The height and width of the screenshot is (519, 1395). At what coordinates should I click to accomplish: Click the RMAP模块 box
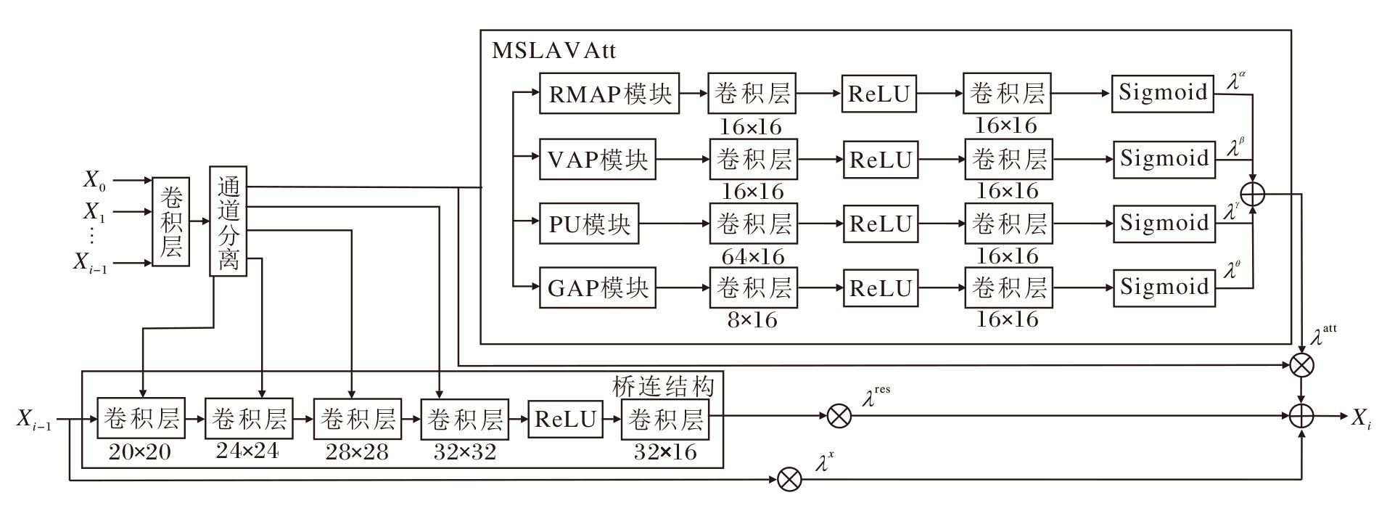coord(609,93)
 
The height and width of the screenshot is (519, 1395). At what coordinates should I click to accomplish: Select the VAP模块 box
coord(597,159)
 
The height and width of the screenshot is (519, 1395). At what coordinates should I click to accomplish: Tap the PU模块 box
coord(589,224)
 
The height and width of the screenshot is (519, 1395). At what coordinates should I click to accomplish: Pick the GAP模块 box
coord(597,288)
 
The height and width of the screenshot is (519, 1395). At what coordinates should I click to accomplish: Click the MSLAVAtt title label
coord(554,51)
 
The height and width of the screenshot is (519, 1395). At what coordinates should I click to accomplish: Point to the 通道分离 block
coord(228,221)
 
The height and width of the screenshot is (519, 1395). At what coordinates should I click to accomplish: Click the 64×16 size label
coord(752,256)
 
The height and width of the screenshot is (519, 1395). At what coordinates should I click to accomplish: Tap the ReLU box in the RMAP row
coord(878,94)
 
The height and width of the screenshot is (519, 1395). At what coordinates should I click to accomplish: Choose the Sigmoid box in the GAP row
coord(1164,287)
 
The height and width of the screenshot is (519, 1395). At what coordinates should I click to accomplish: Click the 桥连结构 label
coord(663,386)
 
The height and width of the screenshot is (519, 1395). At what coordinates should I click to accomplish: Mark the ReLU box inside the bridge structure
coord(565,419)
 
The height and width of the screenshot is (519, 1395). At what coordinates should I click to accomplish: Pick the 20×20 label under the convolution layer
coord(140,452)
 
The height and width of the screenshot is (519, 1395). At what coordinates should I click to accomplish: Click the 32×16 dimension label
coord(664,452)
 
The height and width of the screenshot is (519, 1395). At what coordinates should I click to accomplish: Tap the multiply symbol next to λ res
coord(839,416)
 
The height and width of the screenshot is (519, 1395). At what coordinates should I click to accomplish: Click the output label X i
coord(1359,418)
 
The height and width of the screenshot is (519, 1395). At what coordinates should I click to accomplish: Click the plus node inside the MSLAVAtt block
coord(1253,194)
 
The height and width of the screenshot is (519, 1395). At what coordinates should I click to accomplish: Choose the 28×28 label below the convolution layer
coord(356,452)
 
